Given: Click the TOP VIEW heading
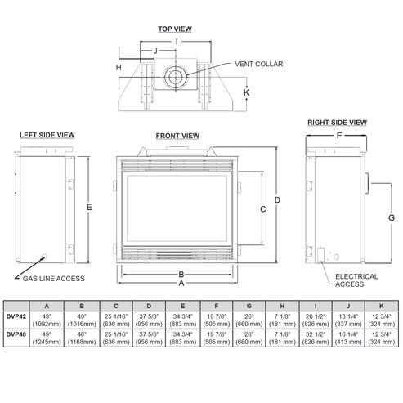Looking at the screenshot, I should (174, 29).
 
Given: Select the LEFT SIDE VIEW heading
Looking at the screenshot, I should (47, 135).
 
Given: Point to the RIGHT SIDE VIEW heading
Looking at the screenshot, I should (335, 123).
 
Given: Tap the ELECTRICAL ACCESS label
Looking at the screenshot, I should (356, 280).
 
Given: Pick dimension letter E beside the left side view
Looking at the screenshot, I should (88, 207).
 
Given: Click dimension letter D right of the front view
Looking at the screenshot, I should (277, 200).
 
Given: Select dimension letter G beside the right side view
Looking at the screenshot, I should (392, 218).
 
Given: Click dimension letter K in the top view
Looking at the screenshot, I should (245, 92).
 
